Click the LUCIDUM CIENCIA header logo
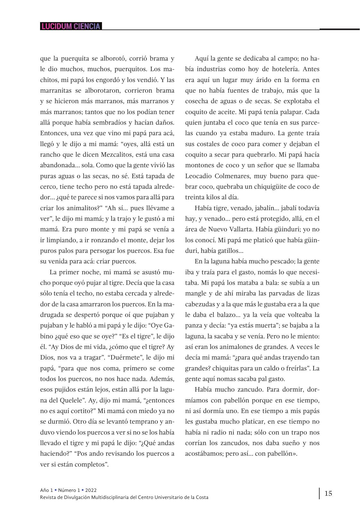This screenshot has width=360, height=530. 71,26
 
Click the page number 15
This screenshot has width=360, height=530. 328,493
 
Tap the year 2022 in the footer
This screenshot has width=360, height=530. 91,490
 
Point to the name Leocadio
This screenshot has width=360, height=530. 199,176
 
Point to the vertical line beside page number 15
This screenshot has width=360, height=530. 319,493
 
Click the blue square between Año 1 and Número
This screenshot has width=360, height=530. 56,490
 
